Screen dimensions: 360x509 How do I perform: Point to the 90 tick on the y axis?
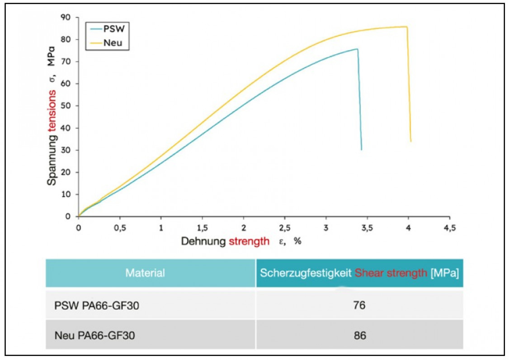(66, 17)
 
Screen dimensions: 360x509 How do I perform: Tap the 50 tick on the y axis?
(66, 106)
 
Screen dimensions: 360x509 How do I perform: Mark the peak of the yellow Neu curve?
(406, 27)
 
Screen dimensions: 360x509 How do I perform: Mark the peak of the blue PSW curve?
(357, 49)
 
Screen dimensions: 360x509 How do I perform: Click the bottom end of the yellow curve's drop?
(410, 141)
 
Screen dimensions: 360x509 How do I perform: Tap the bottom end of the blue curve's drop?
(361, 149)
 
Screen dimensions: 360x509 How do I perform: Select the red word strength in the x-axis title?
(249, 241)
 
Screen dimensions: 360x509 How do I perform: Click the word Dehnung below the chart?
(203, 241)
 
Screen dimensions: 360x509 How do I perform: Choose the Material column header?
(145, 273)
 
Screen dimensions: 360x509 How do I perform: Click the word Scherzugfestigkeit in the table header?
(306, 273)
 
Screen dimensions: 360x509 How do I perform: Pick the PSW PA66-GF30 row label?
(96, 306)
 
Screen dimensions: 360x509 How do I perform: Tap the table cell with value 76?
(359, 306)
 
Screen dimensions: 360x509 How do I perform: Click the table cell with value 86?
(359, 336)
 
